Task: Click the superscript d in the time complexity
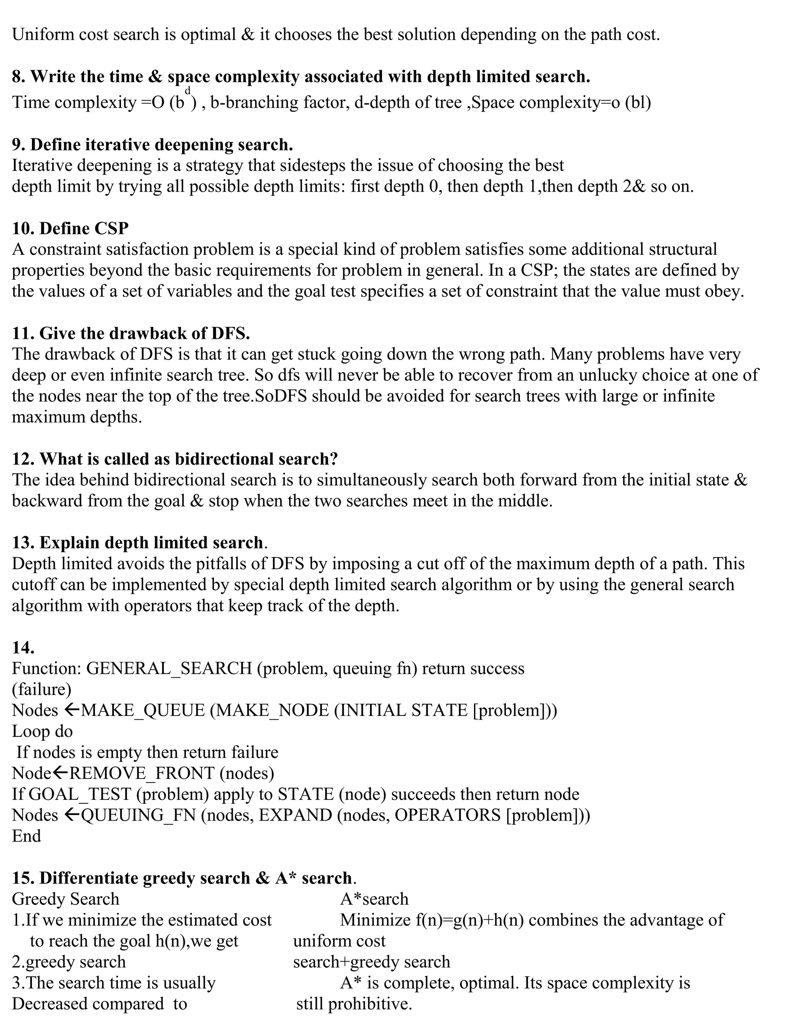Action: pos(188,90)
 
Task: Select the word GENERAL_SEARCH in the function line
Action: pos(170,668)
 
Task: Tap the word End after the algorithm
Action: pos(26,836)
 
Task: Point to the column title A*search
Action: pos(374,899)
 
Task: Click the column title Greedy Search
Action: pos(66,899)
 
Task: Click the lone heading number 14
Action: pos(23,648)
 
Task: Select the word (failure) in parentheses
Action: pos(42,690)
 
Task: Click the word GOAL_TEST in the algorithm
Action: pos(80,794)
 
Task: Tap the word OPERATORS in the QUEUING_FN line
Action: pos(447,815)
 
